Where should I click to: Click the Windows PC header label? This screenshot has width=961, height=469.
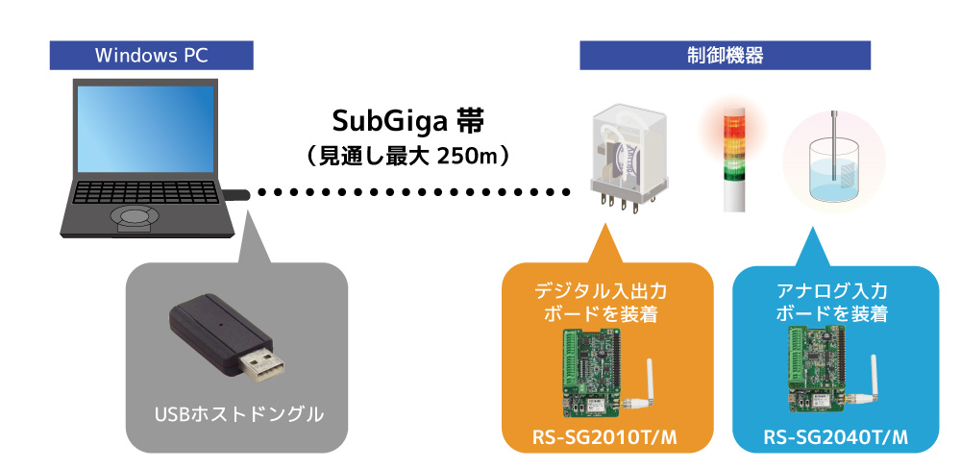pyautogui.click(x=152, y=55)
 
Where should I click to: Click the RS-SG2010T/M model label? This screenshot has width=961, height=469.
pyautogui.click(x=604, y=439)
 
